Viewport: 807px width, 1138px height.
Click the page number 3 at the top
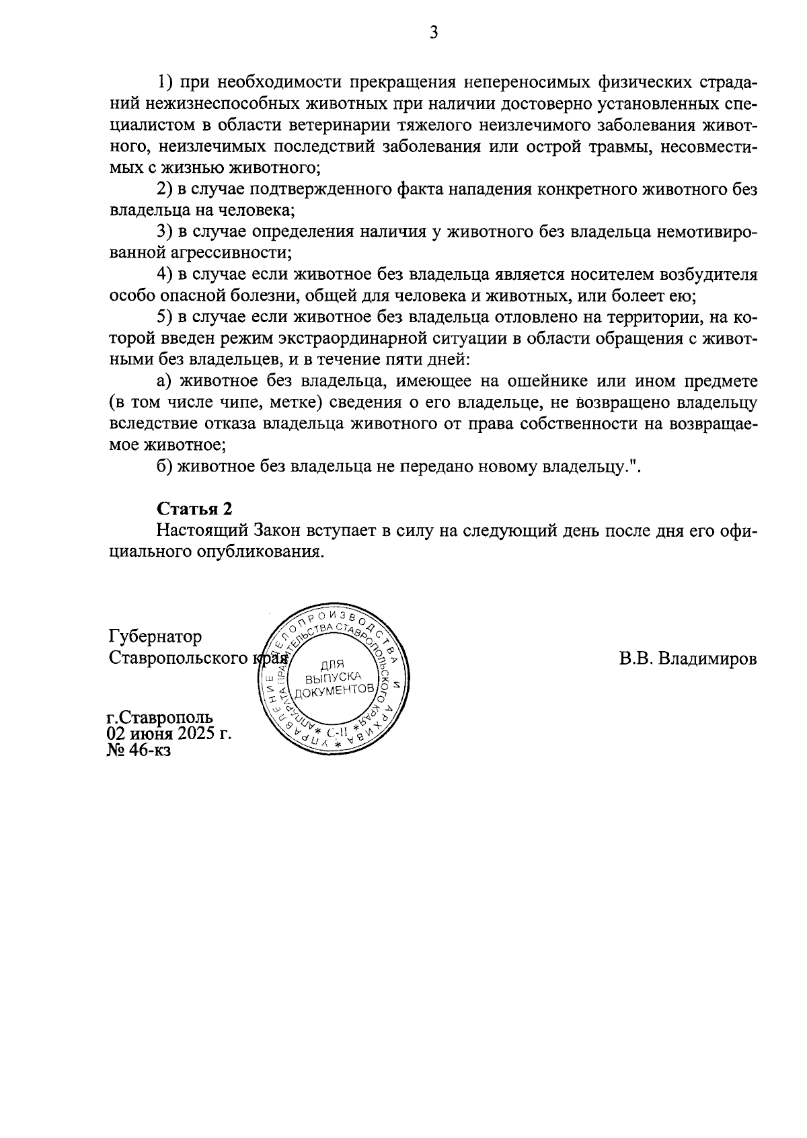tap(434, 32)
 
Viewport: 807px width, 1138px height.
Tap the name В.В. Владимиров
tap(688, 658)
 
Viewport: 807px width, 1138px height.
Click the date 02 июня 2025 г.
tap(169, 734)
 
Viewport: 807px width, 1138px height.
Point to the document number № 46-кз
tap(139, 750)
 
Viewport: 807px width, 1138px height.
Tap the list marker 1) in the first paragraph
tap(166, 83)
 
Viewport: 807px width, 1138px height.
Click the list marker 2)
tap(166, 190)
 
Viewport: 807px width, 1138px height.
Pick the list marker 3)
tap(166, 232)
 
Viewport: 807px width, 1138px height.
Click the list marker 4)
tap(166, 274)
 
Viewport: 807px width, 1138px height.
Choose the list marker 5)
tap(166, 317)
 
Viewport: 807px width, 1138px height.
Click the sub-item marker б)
tap(165, 466)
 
